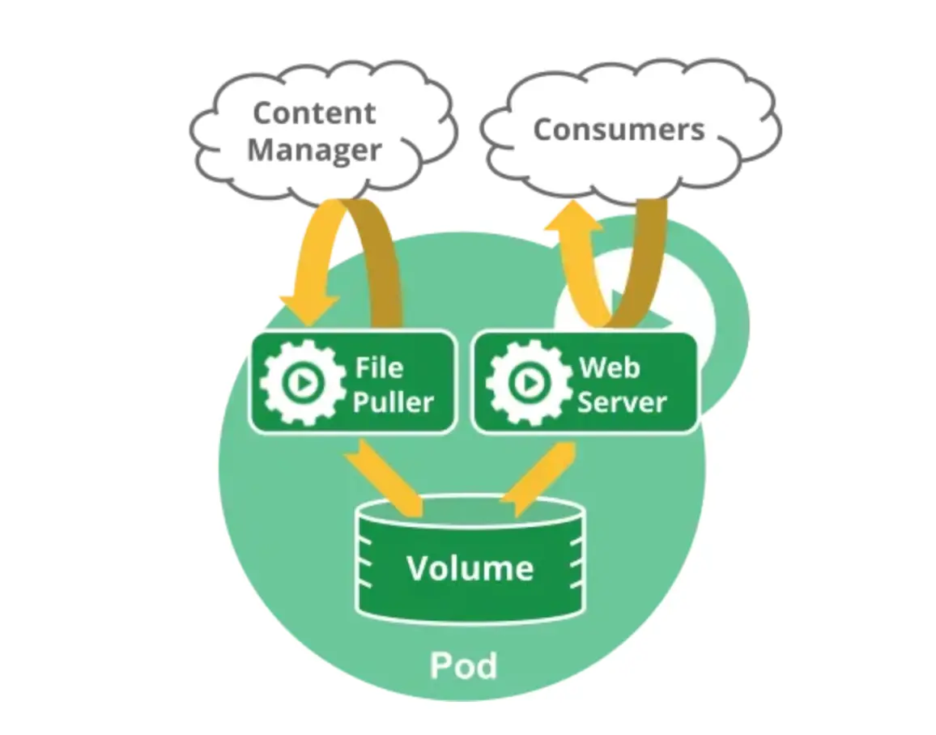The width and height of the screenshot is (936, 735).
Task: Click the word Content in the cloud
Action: pos(314,113)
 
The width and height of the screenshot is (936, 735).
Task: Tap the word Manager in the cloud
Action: pos(314,150)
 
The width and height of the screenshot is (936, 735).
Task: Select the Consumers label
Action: pos(619,130)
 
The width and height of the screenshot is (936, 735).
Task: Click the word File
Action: pos(379,368)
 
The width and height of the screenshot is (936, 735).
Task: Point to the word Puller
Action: pos(394,402)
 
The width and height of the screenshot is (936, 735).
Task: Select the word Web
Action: pos(609,368)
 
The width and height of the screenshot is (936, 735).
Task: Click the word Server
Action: pos(622,402)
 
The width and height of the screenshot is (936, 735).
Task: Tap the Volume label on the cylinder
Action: pos(470,568)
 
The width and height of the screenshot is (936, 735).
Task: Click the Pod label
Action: pos(463,665)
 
